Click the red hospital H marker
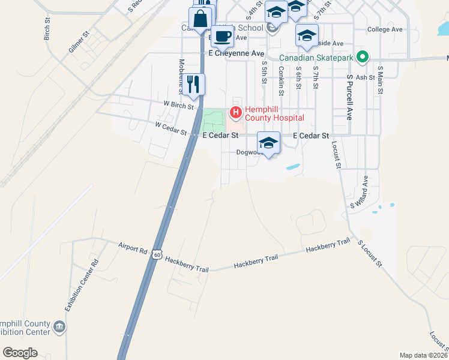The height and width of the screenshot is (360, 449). click(235, 112)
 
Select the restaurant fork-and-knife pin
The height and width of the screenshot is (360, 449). click(193, 83)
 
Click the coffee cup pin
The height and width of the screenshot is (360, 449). click(222, 35)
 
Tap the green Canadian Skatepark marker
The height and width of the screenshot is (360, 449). click(362, 58)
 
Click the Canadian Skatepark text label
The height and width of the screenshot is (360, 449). click(316, 58)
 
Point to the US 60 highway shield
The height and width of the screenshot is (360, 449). click(157, 255)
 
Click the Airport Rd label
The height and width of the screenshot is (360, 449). click(133, 247)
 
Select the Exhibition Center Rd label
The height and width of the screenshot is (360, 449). click(82, 285)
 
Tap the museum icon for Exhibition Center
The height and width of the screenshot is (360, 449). click(59, 326)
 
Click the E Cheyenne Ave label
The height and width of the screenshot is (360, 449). click(237, 53)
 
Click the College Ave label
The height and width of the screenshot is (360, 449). click(385, 29)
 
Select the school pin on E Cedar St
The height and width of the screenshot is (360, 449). click(268, 143)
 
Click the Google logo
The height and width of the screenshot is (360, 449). click(20, 353)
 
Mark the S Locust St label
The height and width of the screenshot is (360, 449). click(370, 253)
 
